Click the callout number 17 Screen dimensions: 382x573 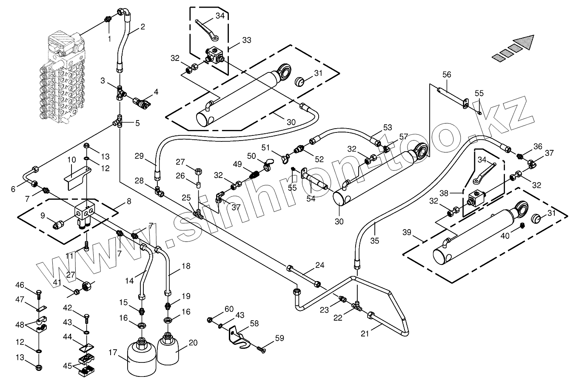(112, 352)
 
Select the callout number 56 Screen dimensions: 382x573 (446, 74)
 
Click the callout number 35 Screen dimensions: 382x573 (374, 240)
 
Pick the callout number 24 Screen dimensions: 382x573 (319, 265)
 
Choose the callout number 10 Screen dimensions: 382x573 (71, 160)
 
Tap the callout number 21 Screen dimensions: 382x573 (365, 333)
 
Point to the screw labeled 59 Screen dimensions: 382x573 (260, 350)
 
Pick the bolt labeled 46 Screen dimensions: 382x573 (39, 294)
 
